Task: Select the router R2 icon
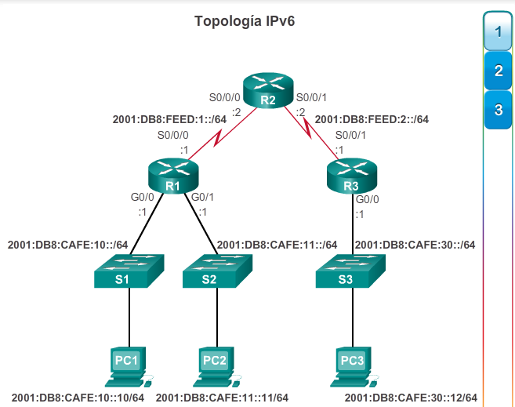267,91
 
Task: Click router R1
172,176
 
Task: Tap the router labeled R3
351,176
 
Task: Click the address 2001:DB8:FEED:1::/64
169,119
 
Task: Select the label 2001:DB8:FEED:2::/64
372,119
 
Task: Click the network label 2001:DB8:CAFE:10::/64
68,245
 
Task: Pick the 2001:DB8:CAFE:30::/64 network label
415,245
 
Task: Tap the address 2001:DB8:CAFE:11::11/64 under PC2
222,398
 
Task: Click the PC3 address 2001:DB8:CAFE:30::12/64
411,398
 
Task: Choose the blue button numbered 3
498,110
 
